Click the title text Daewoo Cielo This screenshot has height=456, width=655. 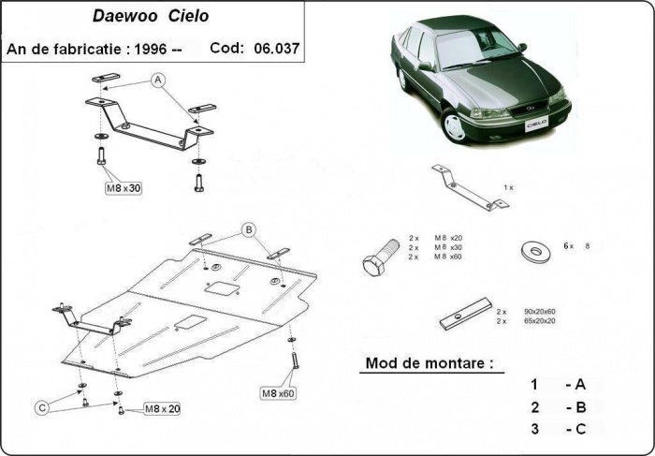point(151,16)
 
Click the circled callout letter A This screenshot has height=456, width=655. point(158,81)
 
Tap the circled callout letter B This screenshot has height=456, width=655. point(249,229)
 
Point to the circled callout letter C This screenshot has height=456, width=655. point(42,406)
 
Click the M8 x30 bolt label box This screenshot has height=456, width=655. point(123,188)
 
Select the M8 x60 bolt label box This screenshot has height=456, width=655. point(277,392)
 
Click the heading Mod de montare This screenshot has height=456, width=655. point(428,362)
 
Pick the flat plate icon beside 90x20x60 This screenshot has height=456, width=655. point(465,314)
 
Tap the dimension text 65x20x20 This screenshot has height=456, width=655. point(539,321)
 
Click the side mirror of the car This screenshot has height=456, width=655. point(426,66)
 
